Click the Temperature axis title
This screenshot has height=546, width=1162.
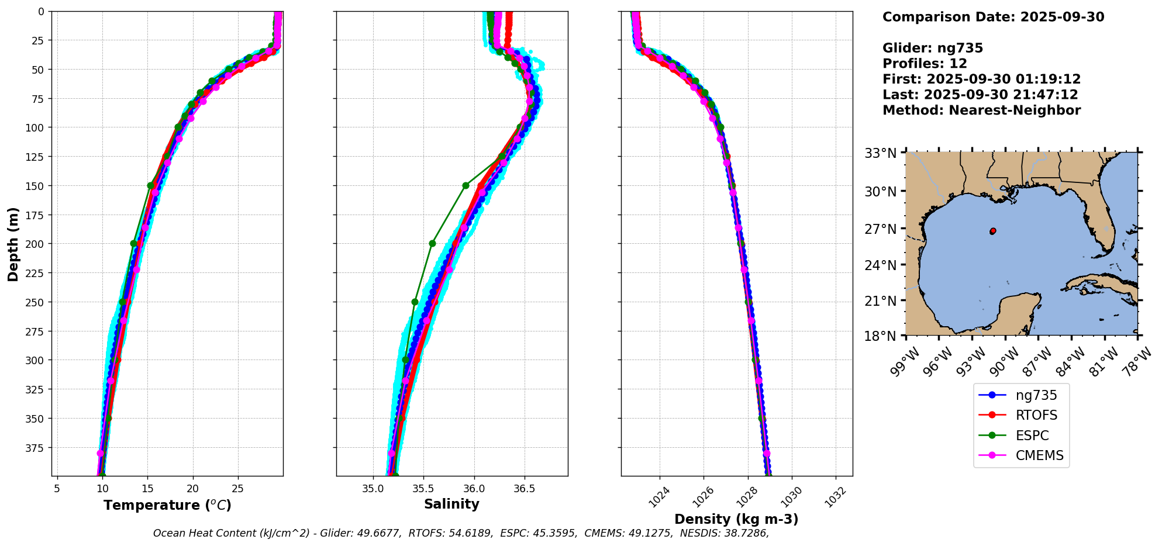[167, 505]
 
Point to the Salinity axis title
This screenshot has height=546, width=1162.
[451, 504]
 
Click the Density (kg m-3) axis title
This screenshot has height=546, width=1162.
[736, 519]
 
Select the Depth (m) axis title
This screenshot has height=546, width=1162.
[13, 244]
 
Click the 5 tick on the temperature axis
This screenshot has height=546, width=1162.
[57, 488]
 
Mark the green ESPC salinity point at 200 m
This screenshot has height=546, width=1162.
[432, 244]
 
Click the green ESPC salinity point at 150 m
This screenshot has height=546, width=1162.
[466, 186]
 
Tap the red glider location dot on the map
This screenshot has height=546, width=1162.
[993, 231]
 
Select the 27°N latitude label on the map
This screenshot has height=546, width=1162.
[881, 229]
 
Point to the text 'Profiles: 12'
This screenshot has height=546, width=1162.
[925, 64]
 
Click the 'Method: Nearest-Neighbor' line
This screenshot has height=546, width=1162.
[981, 110]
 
